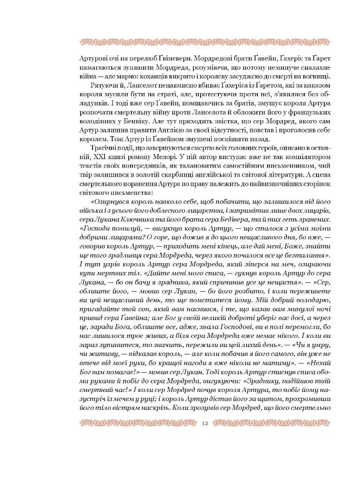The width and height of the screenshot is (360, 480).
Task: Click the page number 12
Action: [x=205, y=423]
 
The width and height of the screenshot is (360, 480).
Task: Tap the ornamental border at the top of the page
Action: [x=180, y=43]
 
